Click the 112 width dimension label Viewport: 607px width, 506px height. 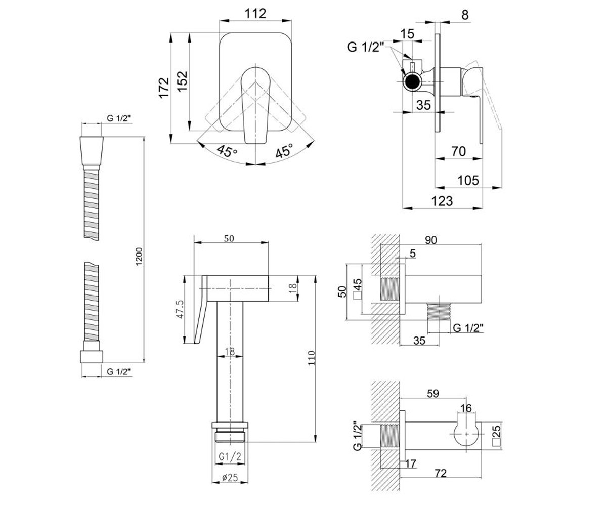coord(255,14)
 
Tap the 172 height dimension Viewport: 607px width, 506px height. coord(164,88)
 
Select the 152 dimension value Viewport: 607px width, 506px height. coord(183,81)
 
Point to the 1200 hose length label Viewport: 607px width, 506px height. coord(139,256)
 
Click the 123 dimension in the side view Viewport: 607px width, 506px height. coord(442,201)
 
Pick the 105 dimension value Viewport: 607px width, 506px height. coord(468,180)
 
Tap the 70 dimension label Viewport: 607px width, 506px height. coord(458,151)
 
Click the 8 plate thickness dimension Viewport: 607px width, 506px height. coord(465,15)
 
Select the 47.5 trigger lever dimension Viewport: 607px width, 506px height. coord(180,309)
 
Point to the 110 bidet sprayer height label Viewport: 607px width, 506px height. coord(312,358)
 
